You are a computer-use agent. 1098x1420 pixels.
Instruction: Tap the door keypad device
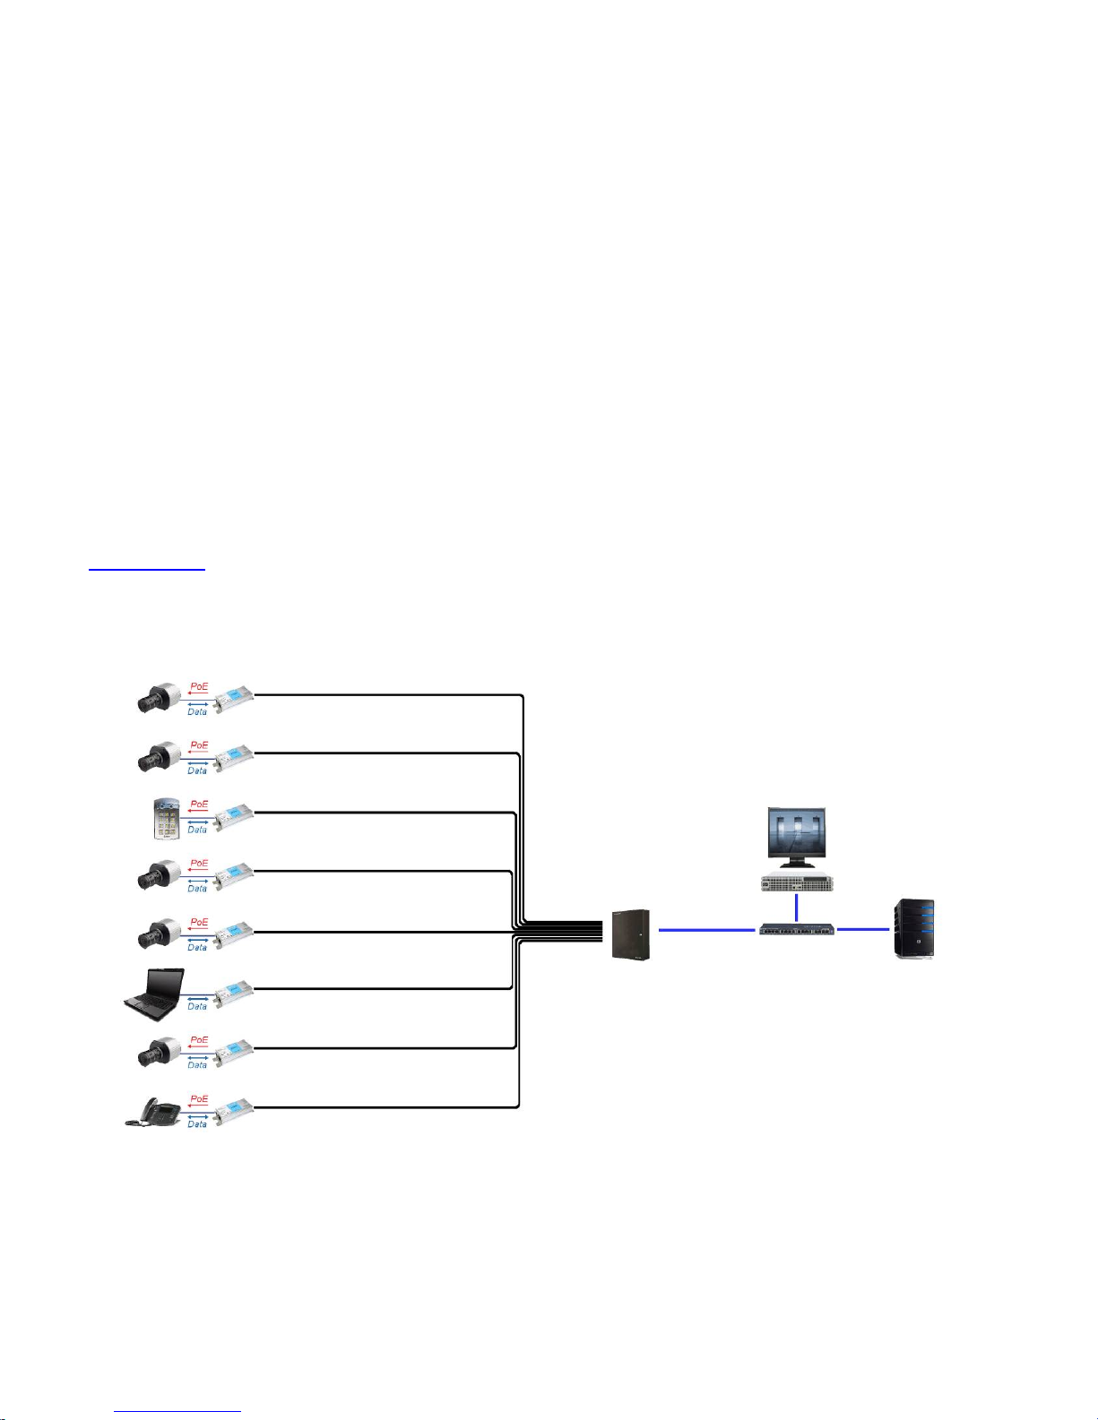[x=164, y=818]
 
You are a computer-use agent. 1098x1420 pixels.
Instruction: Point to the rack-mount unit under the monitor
[x=797, y=882]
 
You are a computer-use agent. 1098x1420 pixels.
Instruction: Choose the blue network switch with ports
[x=797, y=930]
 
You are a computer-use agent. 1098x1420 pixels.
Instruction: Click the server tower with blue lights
[x=914, y=930]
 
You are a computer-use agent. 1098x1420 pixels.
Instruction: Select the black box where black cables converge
[x=630, y=934]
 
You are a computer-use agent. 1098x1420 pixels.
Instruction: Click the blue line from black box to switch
[x=706, y=930]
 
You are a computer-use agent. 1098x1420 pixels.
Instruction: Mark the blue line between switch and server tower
[x=862, y=929]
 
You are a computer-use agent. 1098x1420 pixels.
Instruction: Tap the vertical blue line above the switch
[x=796, y=907]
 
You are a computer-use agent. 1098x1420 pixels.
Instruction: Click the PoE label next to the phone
[x=199, y=1098]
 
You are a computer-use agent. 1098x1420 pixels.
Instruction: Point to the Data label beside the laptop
[x=197, y=1006]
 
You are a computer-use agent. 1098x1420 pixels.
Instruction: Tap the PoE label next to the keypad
[x=199, y=804]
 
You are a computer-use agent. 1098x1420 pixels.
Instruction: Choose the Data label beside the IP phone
[x=197, y=1123]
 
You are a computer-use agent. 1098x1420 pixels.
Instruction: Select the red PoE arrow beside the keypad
[x=197, y=812]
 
